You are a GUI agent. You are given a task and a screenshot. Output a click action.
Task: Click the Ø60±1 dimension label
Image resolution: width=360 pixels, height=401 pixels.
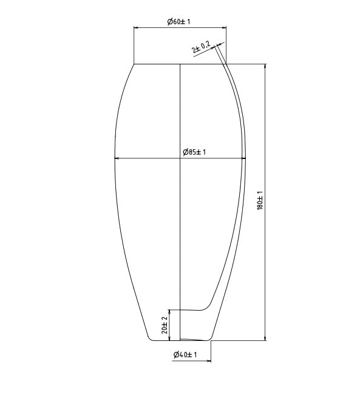point(179,22)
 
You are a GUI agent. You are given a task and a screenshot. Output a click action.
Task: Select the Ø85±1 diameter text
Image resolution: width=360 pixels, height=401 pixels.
point(194,152)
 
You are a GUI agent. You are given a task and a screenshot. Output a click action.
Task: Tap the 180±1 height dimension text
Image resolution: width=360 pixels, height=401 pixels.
point(260,200)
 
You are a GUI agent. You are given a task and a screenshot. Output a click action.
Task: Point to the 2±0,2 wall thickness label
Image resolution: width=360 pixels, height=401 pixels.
point(202,47)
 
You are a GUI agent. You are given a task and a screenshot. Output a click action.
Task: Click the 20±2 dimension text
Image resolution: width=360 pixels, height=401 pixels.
point(165,325)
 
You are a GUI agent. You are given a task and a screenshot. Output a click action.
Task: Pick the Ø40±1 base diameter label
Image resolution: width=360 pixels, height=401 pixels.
point(185,355)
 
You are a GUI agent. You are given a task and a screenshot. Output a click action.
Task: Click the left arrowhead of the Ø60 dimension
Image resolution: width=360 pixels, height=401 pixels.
point(136,28)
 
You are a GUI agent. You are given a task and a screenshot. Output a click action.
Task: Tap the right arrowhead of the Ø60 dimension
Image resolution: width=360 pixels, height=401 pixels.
point(225,28)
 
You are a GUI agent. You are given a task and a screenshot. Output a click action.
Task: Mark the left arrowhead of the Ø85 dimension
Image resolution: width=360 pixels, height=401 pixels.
point(117,158)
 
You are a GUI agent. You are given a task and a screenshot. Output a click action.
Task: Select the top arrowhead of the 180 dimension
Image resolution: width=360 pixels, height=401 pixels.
point(265,66)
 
